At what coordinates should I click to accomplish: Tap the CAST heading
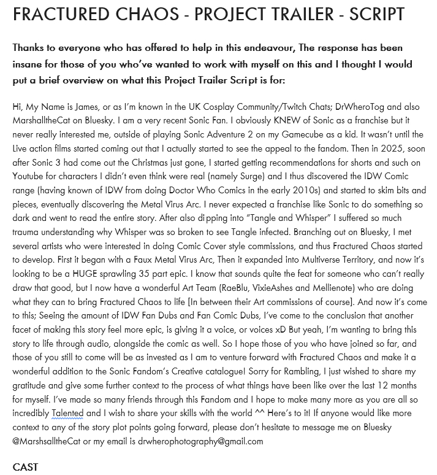pos(26,467)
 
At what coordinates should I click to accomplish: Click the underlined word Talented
pos(67,413)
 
